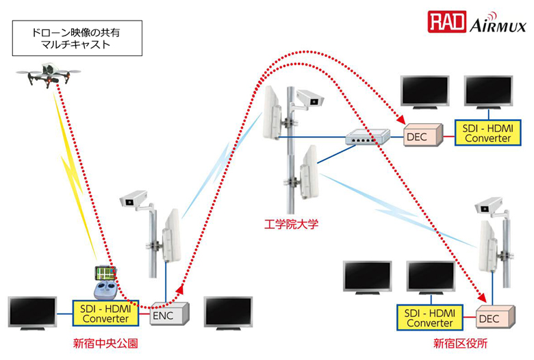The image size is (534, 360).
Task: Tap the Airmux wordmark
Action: [498, 26]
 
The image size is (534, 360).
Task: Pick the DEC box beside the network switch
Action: [416, 136]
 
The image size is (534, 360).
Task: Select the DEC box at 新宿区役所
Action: [489, 318]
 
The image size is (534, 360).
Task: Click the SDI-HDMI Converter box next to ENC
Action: [106, 313]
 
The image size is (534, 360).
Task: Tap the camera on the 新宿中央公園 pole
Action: [134, 199]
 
